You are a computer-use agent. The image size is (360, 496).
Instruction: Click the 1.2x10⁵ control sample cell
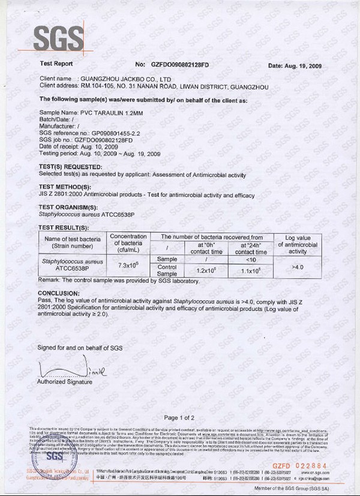206,271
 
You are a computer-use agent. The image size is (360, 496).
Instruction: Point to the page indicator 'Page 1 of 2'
179,417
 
